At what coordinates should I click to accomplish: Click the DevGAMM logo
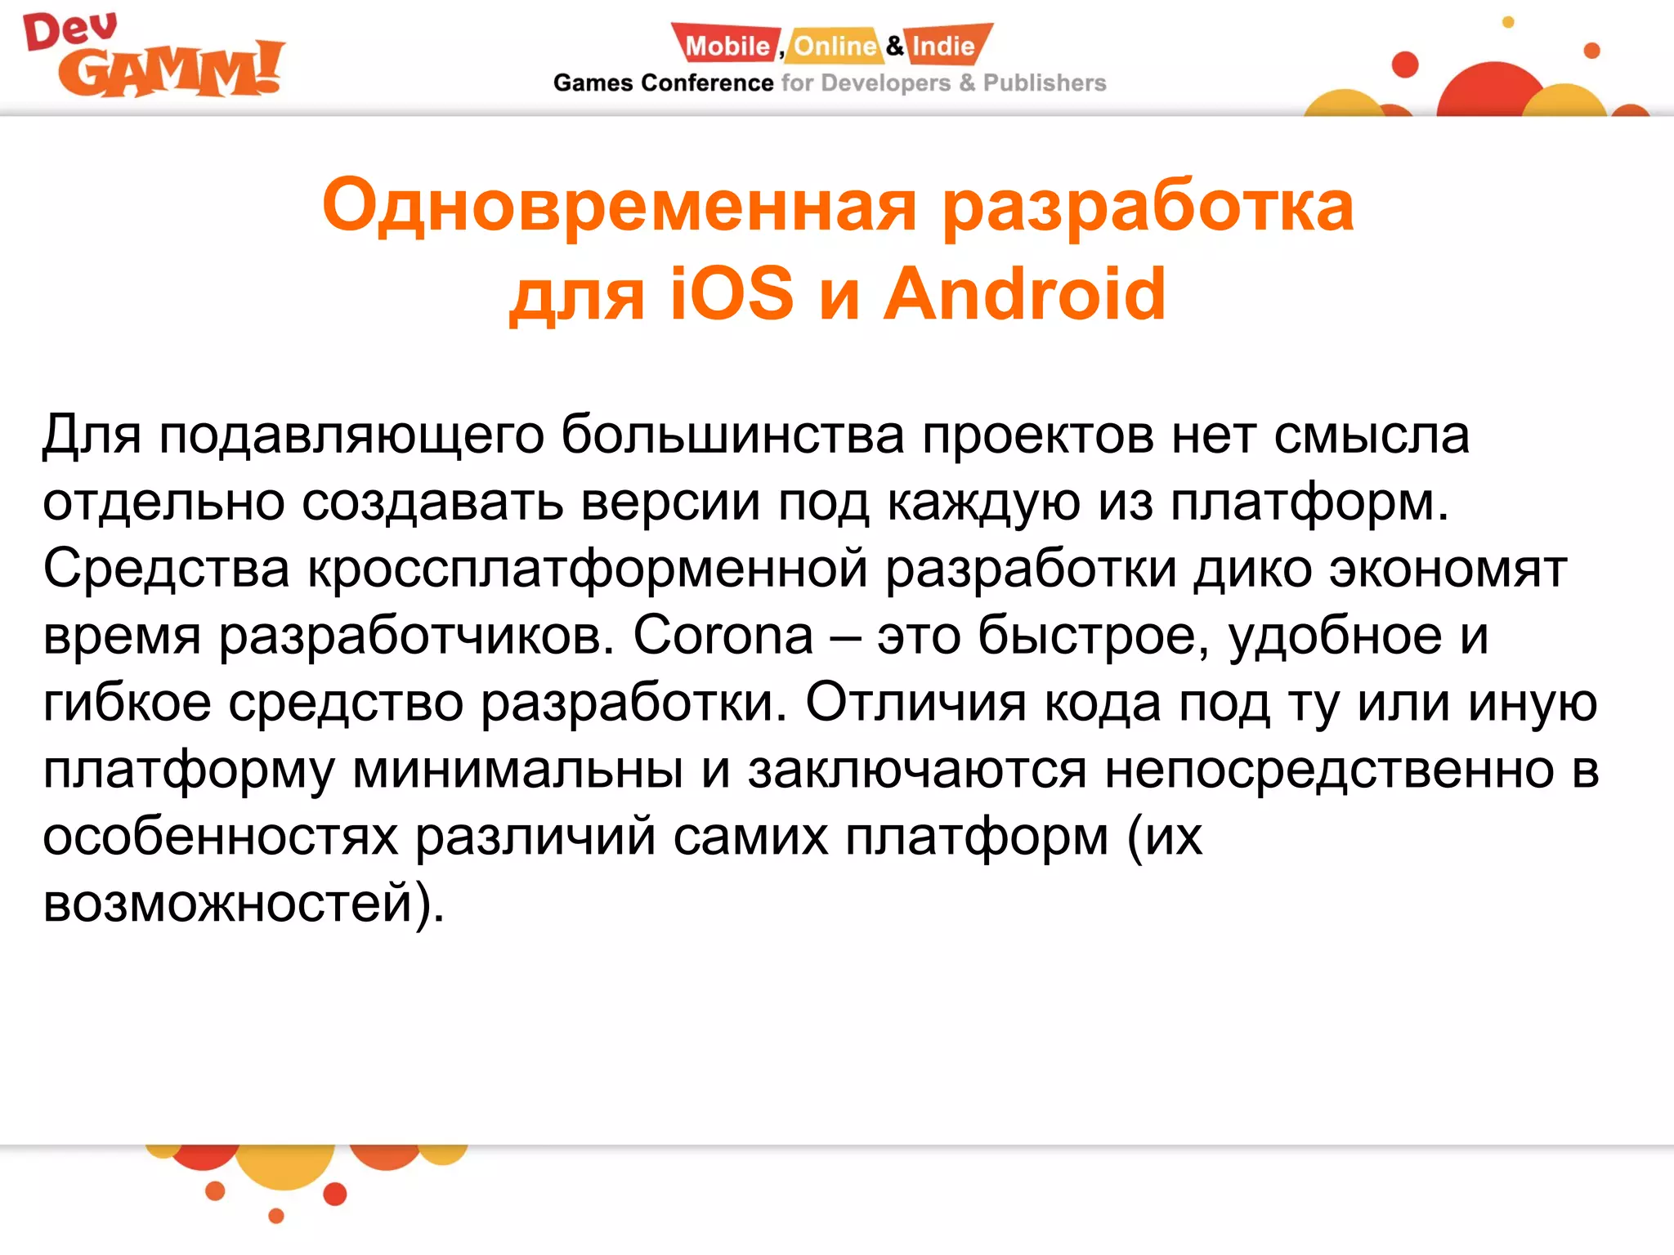154,57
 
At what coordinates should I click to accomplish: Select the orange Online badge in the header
835,46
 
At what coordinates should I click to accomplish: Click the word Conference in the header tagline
707,83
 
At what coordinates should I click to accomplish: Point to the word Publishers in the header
1044,83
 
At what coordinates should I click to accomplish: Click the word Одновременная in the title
619,207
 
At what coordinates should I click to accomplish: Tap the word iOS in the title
732,294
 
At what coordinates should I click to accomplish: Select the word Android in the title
1025,294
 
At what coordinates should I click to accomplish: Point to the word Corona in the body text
723,635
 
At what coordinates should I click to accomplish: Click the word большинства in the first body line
732,435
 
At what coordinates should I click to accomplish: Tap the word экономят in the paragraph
1448,569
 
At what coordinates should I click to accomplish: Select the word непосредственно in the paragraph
1329,770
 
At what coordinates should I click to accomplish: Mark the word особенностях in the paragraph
220,837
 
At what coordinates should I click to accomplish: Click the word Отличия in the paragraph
915,702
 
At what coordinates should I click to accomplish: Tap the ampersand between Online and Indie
895,46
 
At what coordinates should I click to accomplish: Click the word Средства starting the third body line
166,568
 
